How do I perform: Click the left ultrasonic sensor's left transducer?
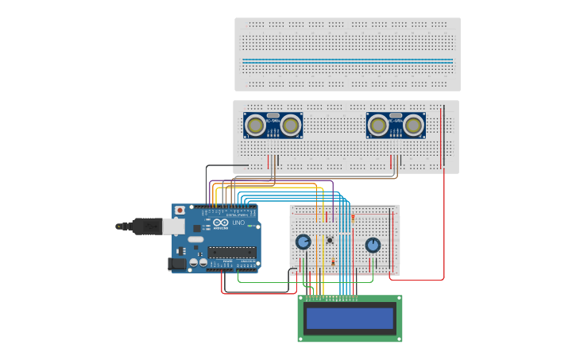(255, 125)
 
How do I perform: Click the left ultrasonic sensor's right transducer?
(291, 125)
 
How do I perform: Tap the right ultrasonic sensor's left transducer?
(378, 125)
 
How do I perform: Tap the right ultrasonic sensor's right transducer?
(413, 125)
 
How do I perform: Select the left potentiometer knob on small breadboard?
(303, 242)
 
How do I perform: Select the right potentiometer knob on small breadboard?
(373, 245)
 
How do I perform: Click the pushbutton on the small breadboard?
(330, 240)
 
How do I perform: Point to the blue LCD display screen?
(350, 319)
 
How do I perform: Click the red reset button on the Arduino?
(180, 211)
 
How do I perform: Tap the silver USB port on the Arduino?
(173, 226)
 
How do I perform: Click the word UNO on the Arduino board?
(238, 223)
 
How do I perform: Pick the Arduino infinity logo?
(221, 223)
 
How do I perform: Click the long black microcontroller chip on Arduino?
(232, 252)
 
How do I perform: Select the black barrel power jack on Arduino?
(177, 263)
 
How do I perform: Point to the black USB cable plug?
(146, 226)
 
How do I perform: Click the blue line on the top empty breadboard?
(347, 60)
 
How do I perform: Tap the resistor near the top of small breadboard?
(353, 217)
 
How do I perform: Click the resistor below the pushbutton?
(333, 261)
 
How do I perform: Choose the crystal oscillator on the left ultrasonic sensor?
(273, 116)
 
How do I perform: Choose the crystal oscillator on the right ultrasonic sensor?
(396, 116)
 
